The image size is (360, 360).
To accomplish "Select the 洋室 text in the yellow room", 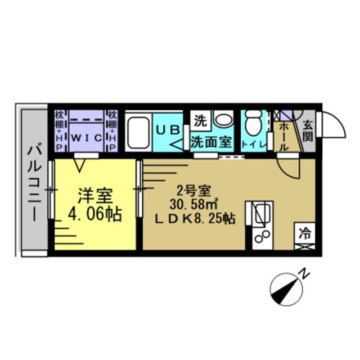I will pyautogui.click(x=95, y=197).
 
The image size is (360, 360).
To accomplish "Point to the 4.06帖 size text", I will pyautogui.click(x=95, y=215).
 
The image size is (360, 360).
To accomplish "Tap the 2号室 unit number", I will pyautogui.click(x=191, y=189).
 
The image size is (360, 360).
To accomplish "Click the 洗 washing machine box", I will pyautogui.click(x=200, y=120).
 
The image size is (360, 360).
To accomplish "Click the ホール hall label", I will pyautogui.click(x=283, y=137).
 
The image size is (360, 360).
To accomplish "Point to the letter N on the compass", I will pyautogui.click(x=304, y=274).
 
